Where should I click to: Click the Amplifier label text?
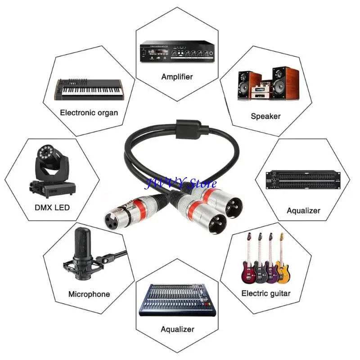pos(177,76)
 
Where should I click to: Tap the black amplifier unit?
pos(177,51)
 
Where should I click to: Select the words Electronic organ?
pos(89,113)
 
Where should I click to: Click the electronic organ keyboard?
pos(89,90)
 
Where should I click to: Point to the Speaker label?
pos(265,116)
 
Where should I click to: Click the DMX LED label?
pos(52,207)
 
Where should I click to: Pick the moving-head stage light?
pos(52,171)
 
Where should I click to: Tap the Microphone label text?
pos(89,294)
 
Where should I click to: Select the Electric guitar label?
pos(266,293)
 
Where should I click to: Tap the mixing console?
pos(177,300)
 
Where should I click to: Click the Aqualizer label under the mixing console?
pos(177,329)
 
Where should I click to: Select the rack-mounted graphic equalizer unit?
pos(303,180)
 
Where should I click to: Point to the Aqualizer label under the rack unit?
pos(303,211)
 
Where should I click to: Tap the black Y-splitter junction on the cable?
pos(188,130)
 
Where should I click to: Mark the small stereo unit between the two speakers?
pos(260,91)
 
